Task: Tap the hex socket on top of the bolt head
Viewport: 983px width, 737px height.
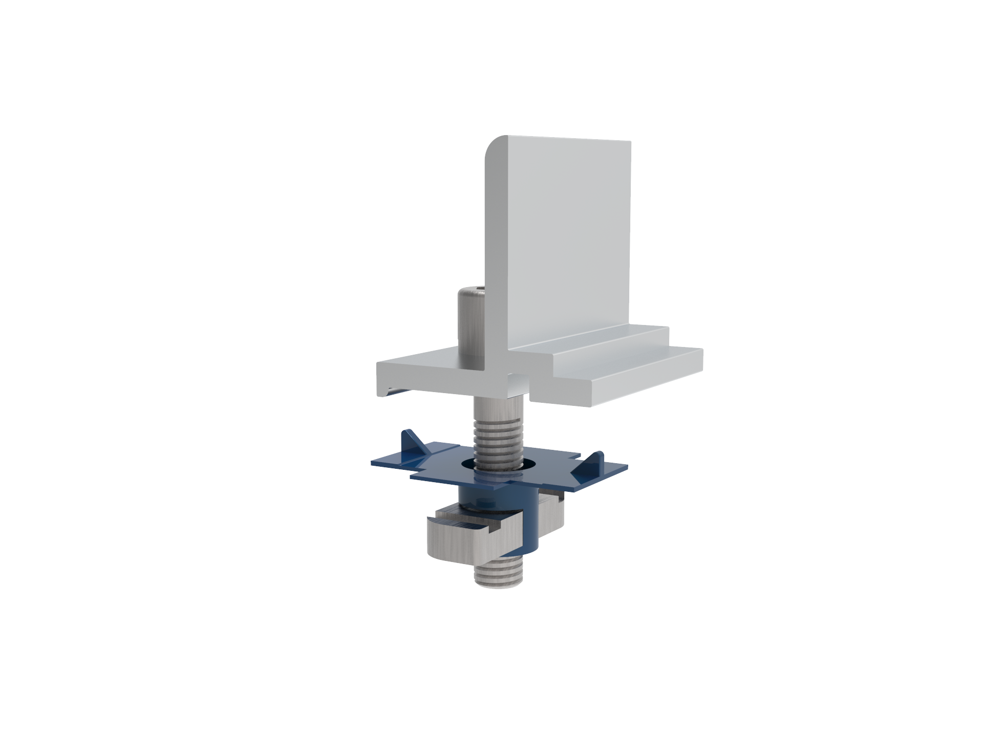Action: pos(472,290)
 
